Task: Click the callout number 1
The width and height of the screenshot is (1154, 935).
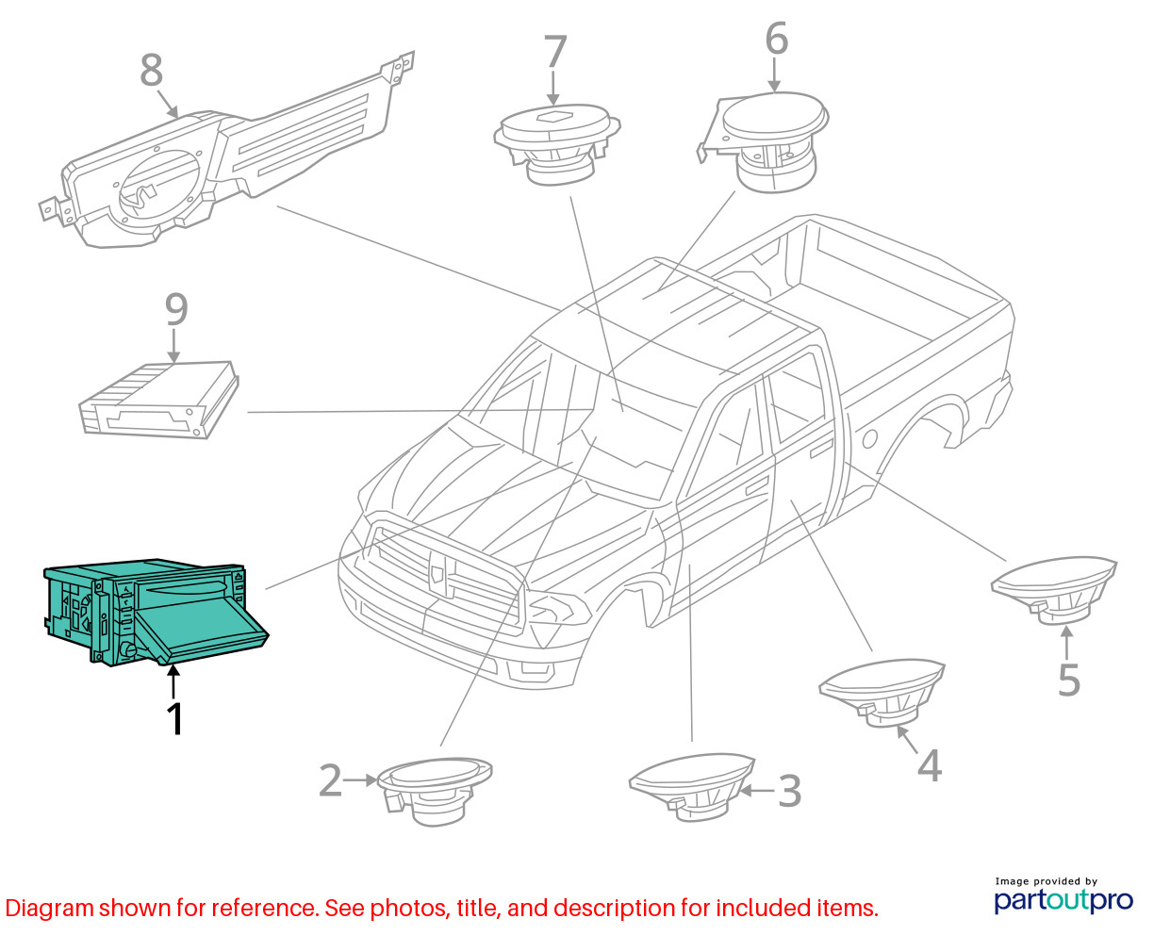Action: pyautogui.click(x=174, y=718)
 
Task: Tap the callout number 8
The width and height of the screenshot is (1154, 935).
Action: pyautogui.click(x=151, y=70)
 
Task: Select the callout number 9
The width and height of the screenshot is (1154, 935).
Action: pyautogui.click(x=176, y=309)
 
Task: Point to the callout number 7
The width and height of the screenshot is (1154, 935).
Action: pyautogui.click(x=554, y=52)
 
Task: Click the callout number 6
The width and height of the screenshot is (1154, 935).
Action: pyautogui.click(x=776, y=38)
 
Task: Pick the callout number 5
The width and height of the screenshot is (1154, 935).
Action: pyautogui.click(x=1069, y=680)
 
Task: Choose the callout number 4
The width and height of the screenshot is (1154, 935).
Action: pyautogui.click(x=930, y=765)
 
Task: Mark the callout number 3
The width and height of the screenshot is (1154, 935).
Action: pyautogui.click(x=789, y=791)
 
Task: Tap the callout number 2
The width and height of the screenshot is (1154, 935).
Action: pyautogui.click(x=331, y=780)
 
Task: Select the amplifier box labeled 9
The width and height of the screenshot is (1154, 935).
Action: pyautogui.click(x=158, y=400)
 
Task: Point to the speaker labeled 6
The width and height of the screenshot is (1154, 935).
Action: pyautogui.click(x=764, y=142)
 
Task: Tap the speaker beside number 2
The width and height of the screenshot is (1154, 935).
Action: pyautogui.click(x=435, y=791)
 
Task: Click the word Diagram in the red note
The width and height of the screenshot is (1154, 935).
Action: pyautogui.click(x=49, y=909)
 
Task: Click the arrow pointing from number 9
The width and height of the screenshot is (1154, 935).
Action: pyautogui.click(x=173, y=345)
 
